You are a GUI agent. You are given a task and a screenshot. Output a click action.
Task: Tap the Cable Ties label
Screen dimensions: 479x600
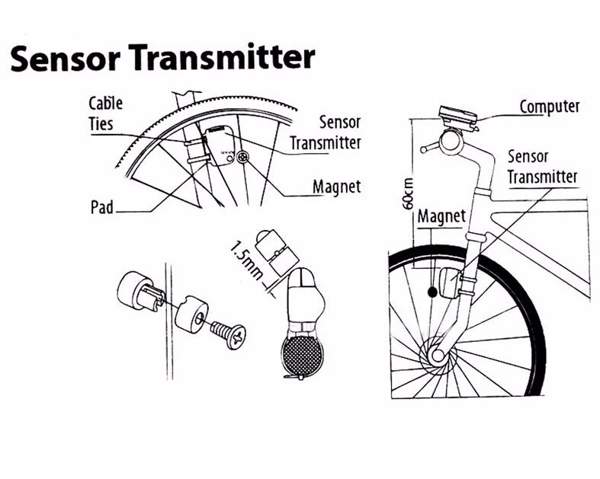(x=106, y=113)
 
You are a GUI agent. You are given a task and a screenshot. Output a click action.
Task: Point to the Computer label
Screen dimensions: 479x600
(x=550, y=106)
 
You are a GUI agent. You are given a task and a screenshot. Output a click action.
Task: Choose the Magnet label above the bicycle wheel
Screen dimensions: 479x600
(x=441, y=216)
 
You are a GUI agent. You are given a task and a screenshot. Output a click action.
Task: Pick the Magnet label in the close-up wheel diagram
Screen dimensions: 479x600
(x=336, y=187)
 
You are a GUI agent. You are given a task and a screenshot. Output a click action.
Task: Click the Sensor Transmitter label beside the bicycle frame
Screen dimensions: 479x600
(x=542, y=167)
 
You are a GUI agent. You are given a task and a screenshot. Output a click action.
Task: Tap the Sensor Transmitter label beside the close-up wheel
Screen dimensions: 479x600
(x=326, y=133)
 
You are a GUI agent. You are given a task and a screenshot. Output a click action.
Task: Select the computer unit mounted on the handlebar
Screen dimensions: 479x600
(x=457, y=119)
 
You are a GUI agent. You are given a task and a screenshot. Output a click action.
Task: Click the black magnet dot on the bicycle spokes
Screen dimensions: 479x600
(x=434, y=291)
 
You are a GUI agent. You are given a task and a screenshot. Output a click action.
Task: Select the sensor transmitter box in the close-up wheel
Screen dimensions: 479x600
(x=220, y=142)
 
